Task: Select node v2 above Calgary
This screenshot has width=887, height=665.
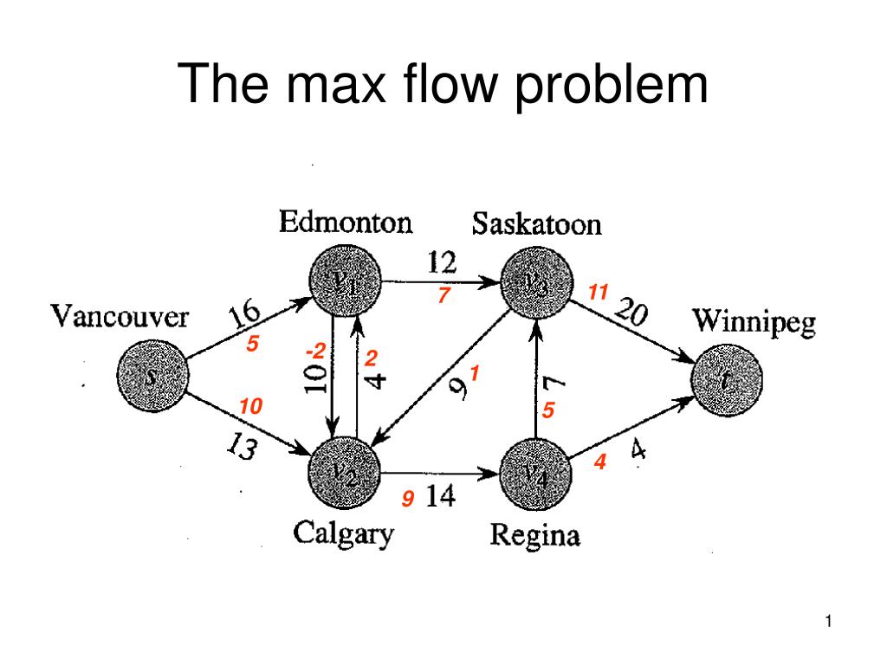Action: point(346,473)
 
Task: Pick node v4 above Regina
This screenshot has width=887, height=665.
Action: point(536,473)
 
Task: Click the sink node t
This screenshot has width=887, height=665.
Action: point(729,378)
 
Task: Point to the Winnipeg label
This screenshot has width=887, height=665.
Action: point(753,324)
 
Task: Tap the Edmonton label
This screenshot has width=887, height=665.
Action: point(345,223)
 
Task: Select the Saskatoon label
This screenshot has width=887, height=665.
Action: point(536,225)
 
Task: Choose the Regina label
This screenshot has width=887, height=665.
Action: point(534,535)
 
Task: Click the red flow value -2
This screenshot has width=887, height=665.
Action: point(315,352)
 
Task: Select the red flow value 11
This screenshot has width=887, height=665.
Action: point(598,293)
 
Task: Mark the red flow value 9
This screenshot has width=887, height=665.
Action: point(406,500)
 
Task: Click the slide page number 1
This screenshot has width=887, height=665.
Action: point(829,621)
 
